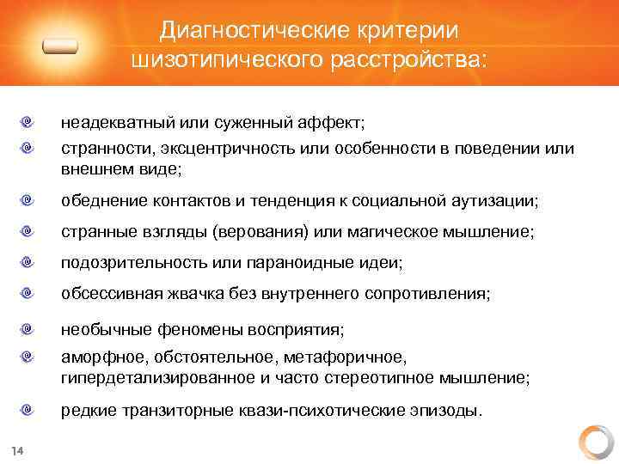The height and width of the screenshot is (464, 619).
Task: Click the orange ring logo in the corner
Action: tap(595, 441)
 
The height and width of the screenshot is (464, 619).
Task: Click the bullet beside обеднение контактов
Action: tap(29, 201)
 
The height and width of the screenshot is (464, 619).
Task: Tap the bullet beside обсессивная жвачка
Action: tap(29, 294)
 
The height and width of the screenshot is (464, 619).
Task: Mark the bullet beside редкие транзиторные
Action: tap(29, 410)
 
